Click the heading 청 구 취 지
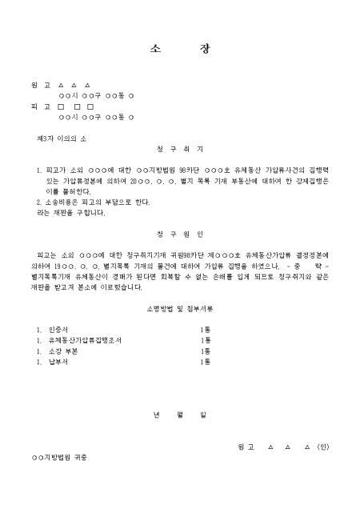(180, 149)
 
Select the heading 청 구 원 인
(180, 234)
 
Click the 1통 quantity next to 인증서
(205, 329)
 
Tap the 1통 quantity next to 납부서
(205, 362)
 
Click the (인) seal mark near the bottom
(322, 446)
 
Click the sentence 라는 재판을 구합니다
(70, 213)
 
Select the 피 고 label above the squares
(40, 106)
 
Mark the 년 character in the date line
(155, 415)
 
